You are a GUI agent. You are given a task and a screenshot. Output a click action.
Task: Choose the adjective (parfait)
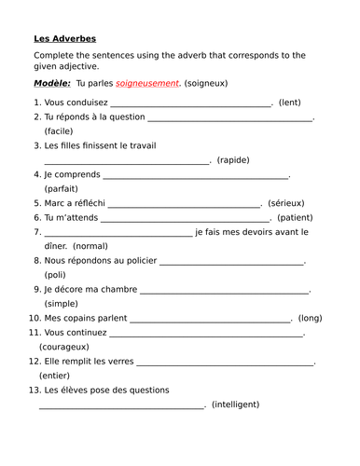[62, 188]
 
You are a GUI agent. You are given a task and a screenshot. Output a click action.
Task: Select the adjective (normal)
[90, 246]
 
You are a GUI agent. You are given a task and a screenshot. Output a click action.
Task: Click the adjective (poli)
[55, 275]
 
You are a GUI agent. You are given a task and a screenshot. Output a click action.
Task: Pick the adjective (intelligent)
[235, 404]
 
